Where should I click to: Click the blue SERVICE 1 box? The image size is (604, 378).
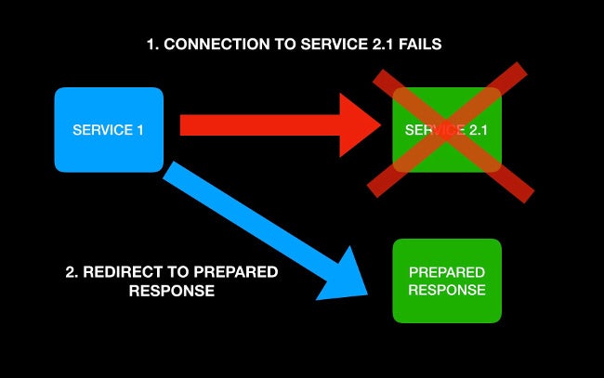[x=109, y=130]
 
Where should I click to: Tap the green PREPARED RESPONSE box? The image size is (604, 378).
[x=447, y=280]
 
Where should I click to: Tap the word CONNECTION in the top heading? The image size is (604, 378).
[x=207, y=45]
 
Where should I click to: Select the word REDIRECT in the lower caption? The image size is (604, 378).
[x=119, y=272]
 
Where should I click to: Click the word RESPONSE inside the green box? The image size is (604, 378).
[x=447, y=290]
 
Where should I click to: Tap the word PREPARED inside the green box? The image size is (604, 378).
[x=447, y=272]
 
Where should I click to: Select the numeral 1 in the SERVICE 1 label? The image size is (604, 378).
[x=140, y=130]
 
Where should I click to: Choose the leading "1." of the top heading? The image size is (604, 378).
[x=153, y=45]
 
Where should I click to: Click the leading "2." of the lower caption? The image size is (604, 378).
[x=72, y=272]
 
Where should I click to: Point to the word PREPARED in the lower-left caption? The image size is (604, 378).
[x=237, y=272]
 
